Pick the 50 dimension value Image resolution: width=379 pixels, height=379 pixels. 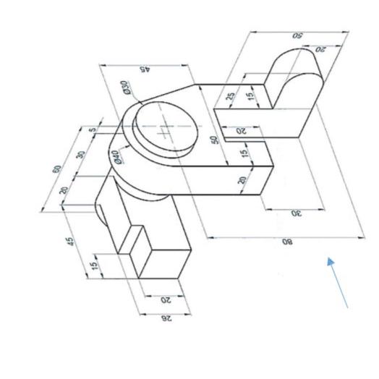215,139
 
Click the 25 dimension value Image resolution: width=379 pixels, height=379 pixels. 231,95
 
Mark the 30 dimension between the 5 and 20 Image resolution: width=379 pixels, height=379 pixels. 81,154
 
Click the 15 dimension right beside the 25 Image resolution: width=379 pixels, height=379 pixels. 251,95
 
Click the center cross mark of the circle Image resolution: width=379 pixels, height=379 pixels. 166,131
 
